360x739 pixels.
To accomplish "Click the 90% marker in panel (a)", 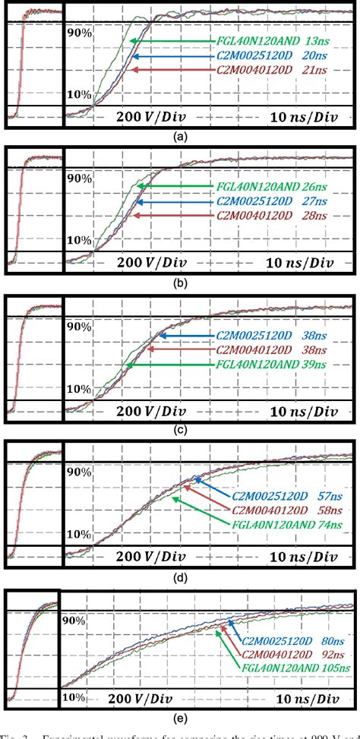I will pyautogui.click(x=79, y=33).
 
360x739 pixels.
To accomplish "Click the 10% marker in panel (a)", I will pyautogui.click(x=79, y=95).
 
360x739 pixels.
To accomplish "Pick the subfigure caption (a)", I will pyautogui.click(x=179, y=138).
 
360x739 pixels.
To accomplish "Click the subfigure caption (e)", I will pyautogui.click(x=179, y=722).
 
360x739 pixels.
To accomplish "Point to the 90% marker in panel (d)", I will pyautogui.click(x=79, y=472).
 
